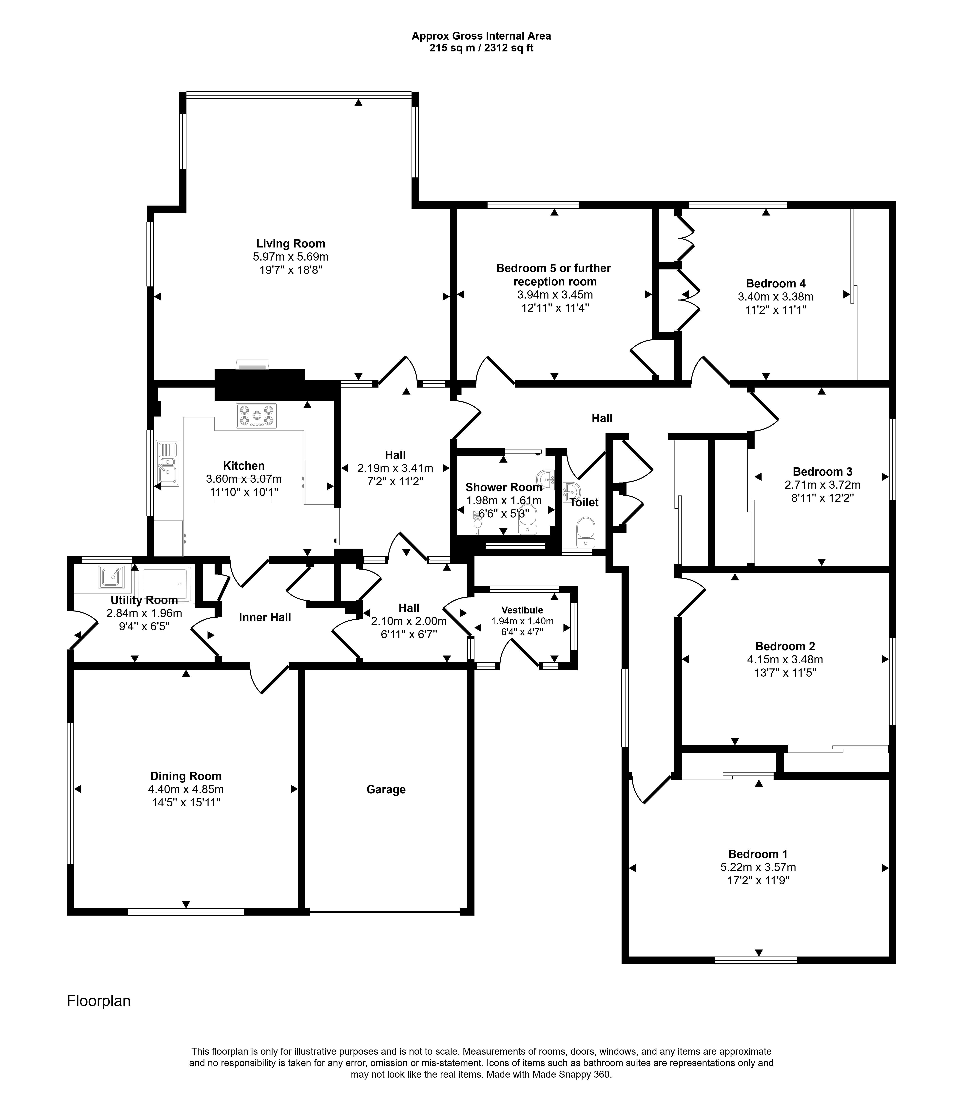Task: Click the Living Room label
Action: pos(290,244)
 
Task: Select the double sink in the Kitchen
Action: pos(168,463)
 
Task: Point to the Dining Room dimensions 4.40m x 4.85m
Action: pos(186,789)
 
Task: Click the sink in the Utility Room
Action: pos(111,577)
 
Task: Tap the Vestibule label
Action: pos(522,610)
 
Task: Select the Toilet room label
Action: pos(584,502)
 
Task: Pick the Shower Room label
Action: pos(504,487)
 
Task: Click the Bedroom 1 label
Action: pos(758,854)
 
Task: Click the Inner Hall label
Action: pos(265,617)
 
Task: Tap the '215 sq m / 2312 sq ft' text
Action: pos(481,48)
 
